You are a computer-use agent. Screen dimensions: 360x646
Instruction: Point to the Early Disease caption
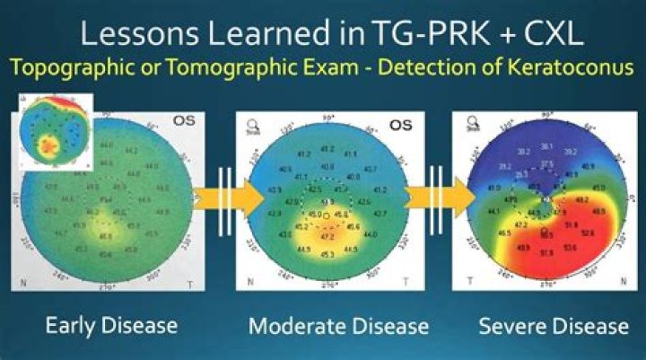pos(111,325)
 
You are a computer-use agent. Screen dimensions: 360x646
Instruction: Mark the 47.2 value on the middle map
pos(327,237)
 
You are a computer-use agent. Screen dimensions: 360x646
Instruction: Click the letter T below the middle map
pos(406,282)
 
